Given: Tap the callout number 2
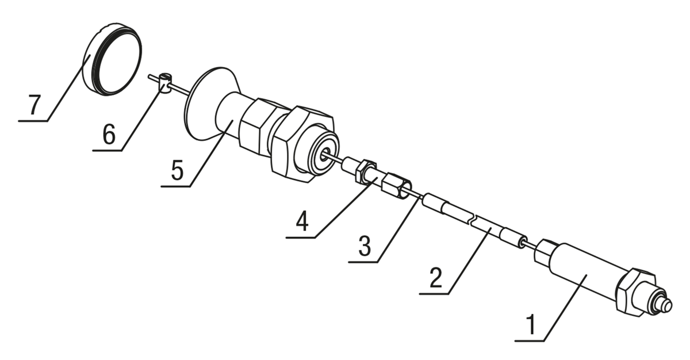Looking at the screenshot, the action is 435,278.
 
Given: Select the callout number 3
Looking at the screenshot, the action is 365,246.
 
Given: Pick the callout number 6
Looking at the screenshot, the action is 109,134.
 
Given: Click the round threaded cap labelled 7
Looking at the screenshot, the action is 113,59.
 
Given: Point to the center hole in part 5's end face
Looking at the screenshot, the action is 324,155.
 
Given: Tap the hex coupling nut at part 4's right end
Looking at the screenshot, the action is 396,186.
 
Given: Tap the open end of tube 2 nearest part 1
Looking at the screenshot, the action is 522,242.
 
